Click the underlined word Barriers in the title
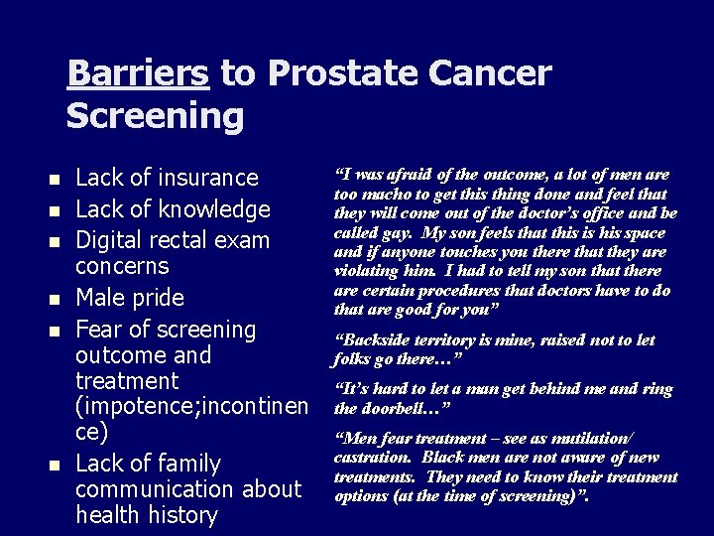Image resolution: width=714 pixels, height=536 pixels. click(138, 73)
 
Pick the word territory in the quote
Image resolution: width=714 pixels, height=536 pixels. click(453, 340)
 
